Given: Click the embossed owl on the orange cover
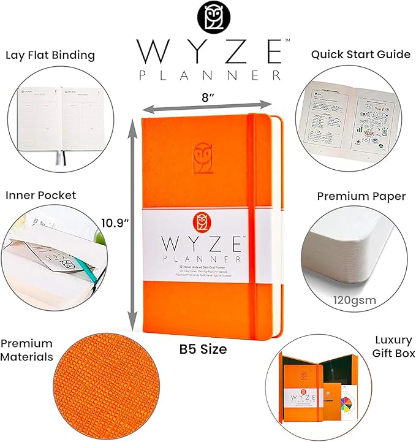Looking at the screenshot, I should (204, 158).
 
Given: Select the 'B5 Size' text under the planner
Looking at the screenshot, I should (203, 349).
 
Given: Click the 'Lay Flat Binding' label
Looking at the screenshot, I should (50, 55).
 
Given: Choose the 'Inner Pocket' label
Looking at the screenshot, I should (40, 195).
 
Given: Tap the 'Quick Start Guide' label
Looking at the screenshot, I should (360, 54).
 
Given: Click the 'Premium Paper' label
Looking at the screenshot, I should (361, 196).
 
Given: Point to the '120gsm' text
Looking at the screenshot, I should (355, 300).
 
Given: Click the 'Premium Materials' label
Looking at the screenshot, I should (26, 350).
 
